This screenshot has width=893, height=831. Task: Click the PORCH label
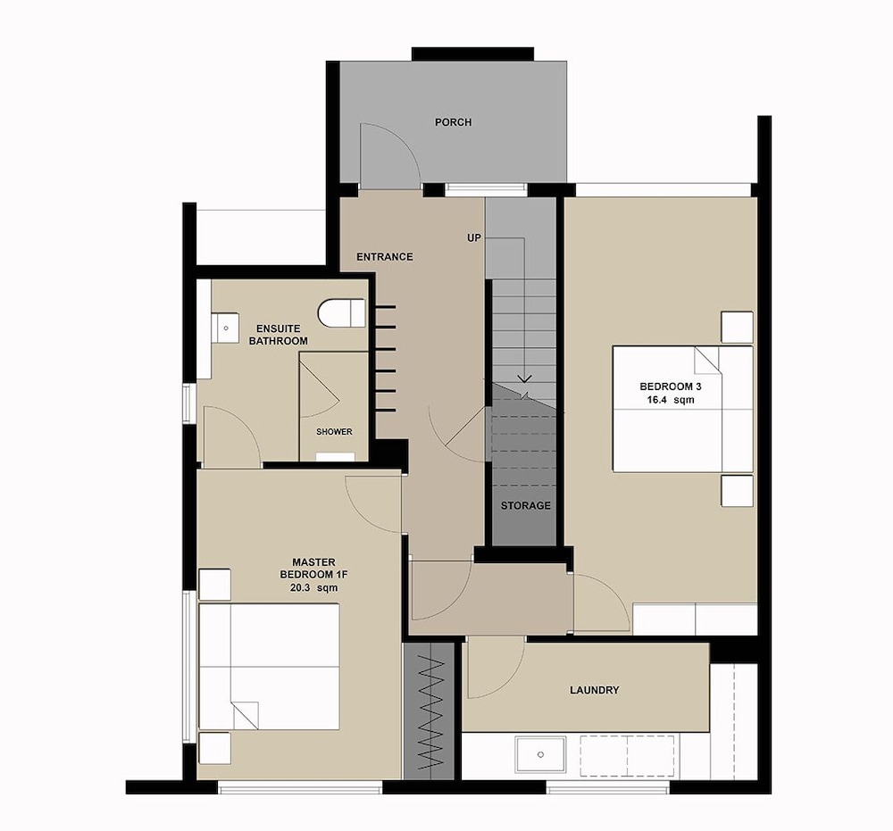453,122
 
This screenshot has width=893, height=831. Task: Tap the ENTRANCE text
384,257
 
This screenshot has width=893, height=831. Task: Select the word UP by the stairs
474,238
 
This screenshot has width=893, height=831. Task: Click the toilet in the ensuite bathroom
341,313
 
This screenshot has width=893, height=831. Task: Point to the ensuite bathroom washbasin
226,328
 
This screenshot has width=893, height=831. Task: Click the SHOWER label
334,432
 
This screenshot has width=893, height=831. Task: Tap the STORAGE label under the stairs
526,505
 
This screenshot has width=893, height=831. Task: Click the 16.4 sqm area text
671,400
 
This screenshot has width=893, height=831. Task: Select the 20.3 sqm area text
313,588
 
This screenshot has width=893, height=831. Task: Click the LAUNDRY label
594,690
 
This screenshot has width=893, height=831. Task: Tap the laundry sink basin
540,755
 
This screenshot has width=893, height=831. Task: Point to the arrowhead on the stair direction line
524,378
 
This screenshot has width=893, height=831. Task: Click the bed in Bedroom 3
683,409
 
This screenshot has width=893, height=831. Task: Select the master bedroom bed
269,667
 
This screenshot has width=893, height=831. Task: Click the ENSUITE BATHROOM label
279,335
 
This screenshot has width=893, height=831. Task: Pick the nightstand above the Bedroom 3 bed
737,328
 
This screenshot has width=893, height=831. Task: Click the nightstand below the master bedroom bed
214,748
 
